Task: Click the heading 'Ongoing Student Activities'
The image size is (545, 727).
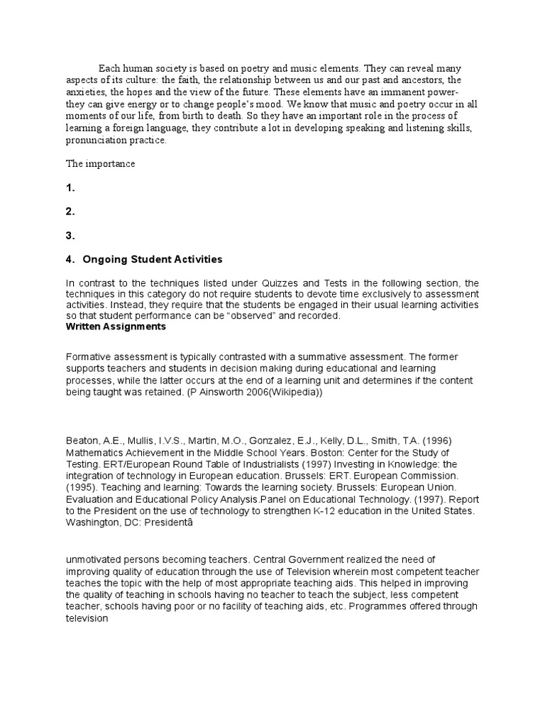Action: (x=152, y=259)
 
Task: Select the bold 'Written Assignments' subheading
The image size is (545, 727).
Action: (x=116, y=327)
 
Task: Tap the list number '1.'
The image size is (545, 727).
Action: (x=70, y=188)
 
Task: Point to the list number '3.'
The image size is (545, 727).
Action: (x=70, y=236)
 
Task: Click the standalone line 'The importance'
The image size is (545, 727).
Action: (x=100, y=164)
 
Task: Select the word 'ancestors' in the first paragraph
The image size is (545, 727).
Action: (x=415, y=80)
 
